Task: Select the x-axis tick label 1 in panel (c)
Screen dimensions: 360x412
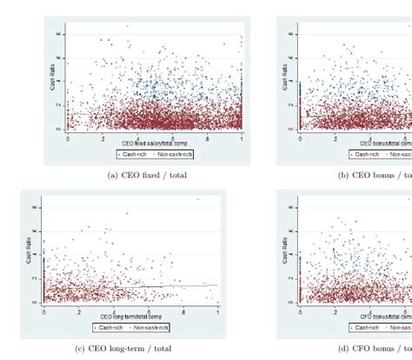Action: tap(217, 312)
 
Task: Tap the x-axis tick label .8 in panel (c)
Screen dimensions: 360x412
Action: tap(183, 312)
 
